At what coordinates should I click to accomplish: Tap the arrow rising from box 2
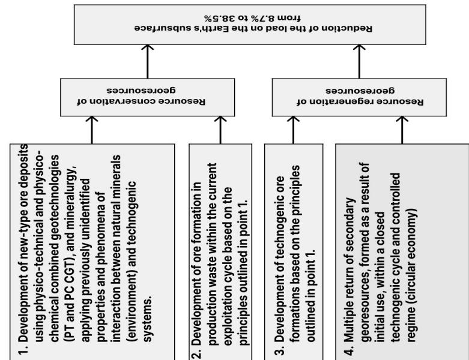[x=220, y=129]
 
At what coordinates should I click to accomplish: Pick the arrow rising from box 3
[x=294, y=129]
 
